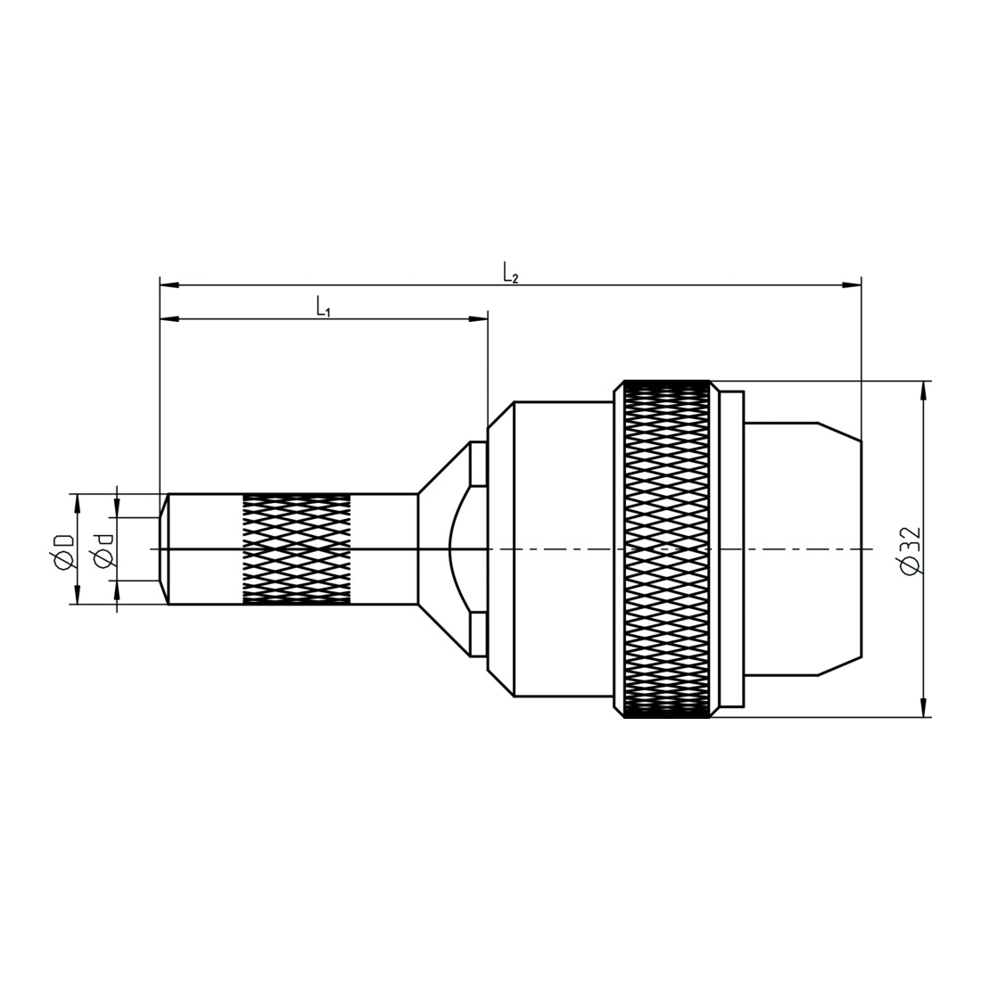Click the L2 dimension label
pyautogui.click(x=510, y=274)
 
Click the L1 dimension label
pyautogui.click(x=323, y=307)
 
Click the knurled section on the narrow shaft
pyautogui.click(x=297, y=549)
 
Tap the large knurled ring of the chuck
pyautogui.click(x=667, y=548)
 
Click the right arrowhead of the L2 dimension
pyautogui.click(x=852, y=285)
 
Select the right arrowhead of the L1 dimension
pyautogui.click(x=478, y=319)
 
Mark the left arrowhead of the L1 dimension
pyautogui.click(x=169, y=319)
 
